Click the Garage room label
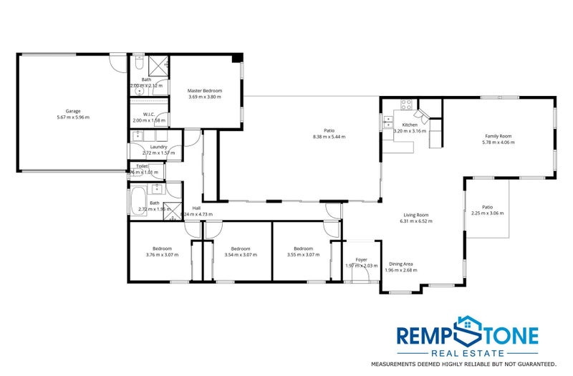pyautogui.click(x=72, y=111)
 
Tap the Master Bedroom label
pyautogui.click(x=205, y=91)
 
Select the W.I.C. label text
pyautogui.click(x=149, y=115)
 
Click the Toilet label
pyautogui.click(x=142, y=166)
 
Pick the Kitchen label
pyautogui.click(x=410, y=125)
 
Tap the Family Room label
pyautogui.click(x=499, y=136)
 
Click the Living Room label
pyautogui.click(x=416, y=215)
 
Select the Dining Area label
pyautogui.click(x=400, y=264)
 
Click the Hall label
pyautogui.click(x=196, y=208)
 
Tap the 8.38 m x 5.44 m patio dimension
pyautogui.click(x=329, y=137)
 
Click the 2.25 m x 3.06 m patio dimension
pyautogui.click(x=487, y=213)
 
